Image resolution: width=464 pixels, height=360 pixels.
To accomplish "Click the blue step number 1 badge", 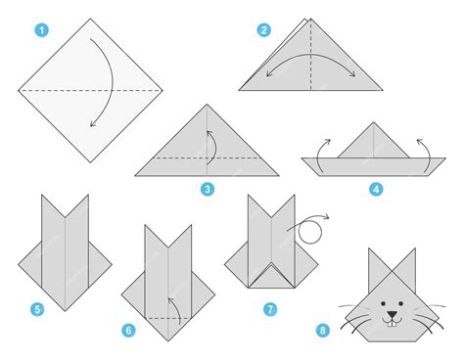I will [40, 30].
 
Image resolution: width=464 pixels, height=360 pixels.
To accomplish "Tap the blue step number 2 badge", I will [263, 30].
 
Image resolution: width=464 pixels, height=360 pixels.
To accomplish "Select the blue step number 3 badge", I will [206, 188].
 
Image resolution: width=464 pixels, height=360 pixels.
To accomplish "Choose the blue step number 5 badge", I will [37, 310].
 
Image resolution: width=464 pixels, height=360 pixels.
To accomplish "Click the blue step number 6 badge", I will [128, 332].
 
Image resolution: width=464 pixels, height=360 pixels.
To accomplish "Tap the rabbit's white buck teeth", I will [394, 324].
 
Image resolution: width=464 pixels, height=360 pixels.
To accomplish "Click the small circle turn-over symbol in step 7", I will [309, 234].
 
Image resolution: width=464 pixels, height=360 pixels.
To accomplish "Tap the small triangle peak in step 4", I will [371, 124].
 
